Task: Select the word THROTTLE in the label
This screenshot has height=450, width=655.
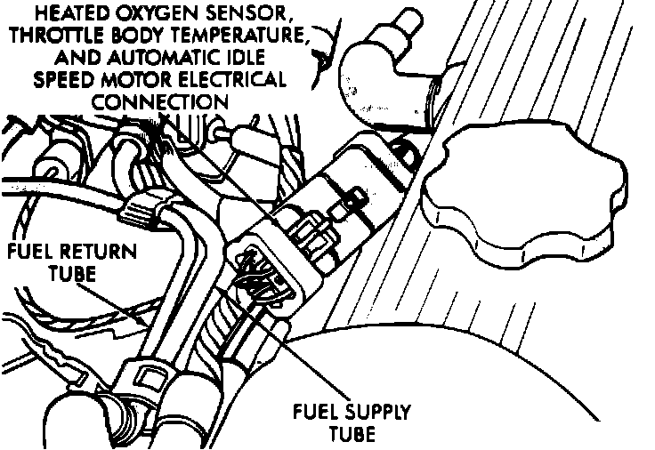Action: [x=56, y=36]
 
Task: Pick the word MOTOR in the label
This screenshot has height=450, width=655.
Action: [x=147, y=79]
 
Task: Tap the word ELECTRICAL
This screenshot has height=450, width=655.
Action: [x=236, y=79]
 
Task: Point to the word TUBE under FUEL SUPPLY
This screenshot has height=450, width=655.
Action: [x=351, y=435]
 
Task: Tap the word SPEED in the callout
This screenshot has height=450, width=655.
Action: [x=69, y=79]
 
